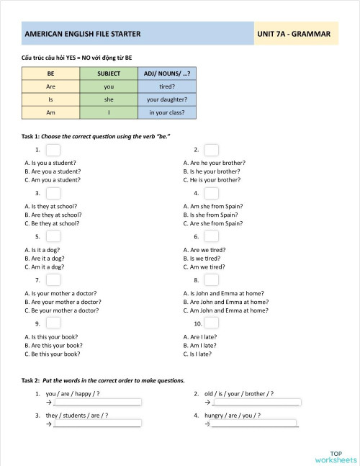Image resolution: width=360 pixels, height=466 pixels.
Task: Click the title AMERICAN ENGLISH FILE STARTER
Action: click(x=83, y=34)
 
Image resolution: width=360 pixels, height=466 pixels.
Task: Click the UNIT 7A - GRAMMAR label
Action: click(x=296, y=34)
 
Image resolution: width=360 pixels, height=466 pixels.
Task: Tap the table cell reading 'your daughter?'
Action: click(x=167, y=100)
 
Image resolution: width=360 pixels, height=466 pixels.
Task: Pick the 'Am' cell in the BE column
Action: click(x=51, y=113)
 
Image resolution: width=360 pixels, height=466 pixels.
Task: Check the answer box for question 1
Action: click(x=53, y=150)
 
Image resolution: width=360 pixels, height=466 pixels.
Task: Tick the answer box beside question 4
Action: click(x=211, y=194)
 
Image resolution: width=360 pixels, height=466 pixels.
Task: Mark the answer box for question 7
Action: click(x=53, y=279)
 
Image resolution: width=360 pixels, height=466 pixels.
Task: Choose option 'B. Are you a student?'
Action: click(x=53, y=171)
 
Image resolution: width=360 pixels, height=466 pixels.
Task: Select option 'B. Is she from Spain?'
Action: click(x=211, y=215)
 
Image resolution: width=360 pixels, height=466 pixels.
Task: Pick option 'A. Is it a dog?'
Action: click(x=47, y=250)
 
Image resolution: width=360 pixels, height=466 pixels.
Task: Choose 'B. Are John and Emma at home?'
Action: click(x=226, y=302)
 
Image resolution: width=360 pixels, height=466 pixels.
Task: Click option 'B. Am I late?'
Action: click(x=200, y=345)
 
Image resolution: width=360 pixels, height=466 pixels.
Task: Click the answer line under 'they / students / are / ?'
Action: click(x=96, y=425)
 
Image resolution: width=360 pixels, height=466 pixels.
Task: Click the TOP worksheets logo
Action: click(x=335, y=454)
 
